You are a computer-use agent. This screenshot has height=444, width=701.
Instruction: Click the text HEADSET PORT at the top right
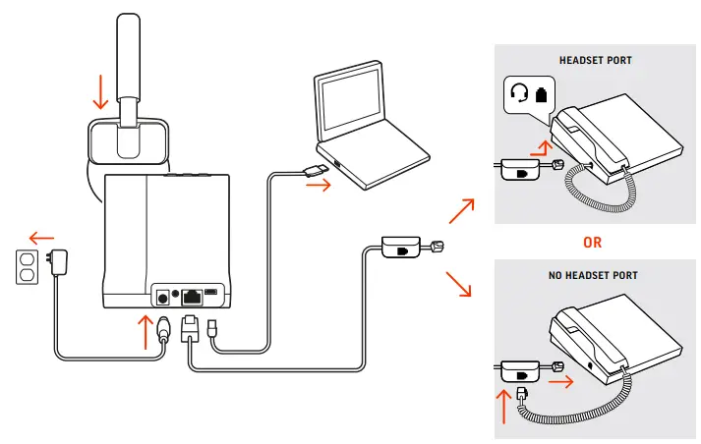pyautogui.click(x=595, y=60)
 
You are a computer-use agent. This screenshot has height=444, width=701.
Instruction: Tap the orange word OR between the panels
pyautogui.click(x=592, y=242)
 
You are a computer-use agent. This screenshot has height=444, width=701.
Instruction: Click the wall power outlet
pyautogui.click(x=28, y=267)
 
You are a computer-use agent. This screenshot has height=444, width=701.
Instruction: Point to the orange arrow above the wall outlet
pyautogui.click(x=42, y=237)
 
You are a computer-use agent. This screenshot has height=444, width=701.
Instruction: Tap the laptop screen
pyautogui.click(x=358, y=107)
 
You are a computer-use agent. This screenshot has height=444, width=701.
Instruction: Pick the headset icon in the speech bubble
pyautogui.click(x=519, y=95)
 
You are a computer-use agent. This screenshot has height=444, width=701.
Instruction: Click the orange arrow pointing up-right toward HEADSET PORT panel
pyautogui.click(x=461, y=210)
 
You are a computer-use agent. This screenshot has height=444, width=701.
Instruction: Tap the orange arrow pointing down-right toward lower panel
pyautogui.click(x=460, y=286)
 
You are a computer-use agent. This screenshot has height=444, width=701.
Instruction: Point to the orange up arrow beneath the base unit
pyautogui.click(x=146, y=334)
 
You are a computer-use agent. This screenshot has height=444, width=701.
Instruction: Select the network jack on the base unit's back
pyautogui.click(x=193, y=293)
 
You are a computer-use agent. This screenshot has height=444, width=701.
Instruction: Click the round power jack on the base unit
pyautogui.click(x=160, y=293)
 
